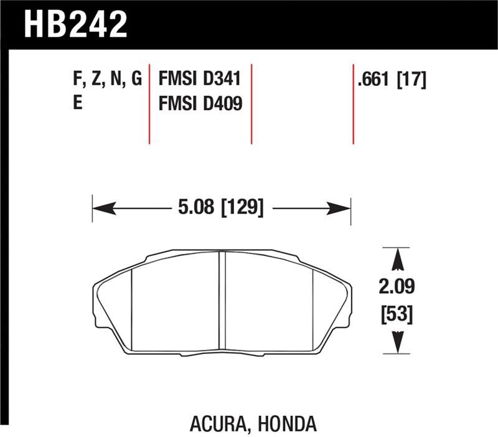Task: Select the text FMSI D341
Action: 200,80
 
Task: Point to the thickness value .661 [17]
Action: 392,80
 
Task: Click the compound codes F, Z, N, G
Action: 108,80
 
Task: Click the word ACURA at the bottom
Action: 215,425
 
